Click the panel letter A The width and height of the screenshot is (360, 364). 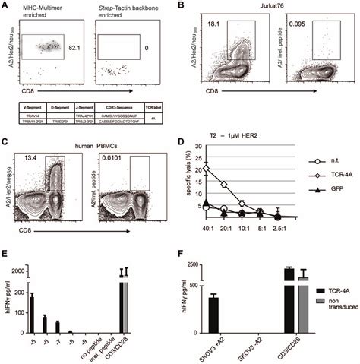[6, 6]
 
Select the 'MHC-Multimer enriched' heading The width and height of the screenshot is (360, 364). [46, 11]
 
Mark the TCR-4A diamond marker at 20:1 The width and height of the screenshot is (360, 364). [224, 184]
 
